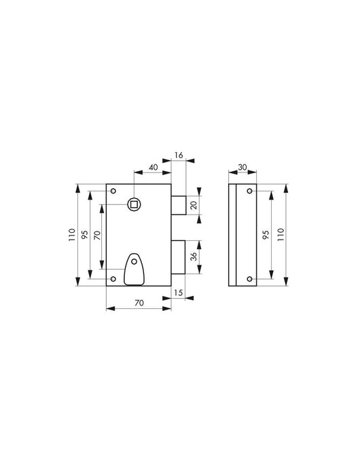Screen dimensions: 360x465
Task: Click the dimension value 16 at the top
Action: point(179,155)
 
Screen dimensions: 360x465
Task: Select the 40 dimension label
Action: point(153,167)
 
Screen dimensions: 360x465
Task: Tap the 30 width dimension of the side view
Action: point(242,167)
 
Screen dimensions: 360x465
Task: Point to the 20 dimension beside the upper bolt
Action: point(194,205)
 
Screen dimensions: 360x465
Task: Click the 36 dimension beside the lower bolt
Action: point(193,257)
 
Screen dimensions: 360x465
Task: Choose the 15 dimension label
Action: point(178,293)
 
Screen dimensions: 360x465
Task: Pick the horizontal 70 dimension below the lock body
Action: point(139,303)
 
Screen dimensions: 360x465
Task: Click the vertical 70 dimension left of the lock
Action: point(97,235)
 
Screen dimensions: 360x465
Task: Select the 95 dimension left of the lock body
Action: point(85,235)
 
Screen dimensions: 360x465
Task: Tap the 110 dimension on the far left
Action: point(72,235)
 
